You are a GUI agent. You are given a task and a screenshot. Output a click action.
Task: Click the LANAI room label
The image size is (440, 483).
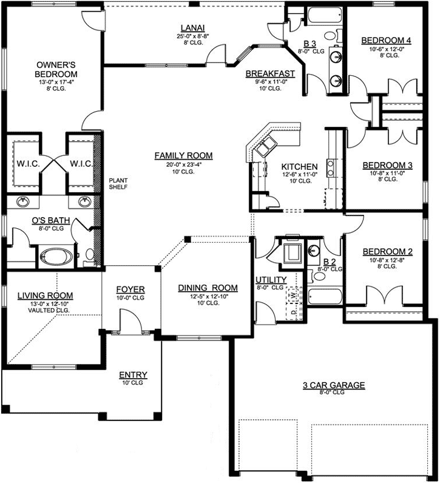[192, 27]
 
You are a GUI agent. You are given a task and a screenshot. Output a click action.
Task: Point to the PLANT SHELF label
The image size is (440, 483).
[118, 184]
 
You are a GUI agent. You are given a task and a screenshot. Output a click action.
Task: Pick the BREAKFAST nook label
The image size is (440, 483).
[270, 73]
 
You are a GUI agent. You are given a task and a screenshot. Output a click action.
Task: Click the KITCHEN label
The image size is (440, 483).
[300, 166]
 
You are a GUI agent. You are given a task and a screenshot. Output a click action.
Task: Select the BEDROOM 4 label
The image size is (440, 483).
[386, 41]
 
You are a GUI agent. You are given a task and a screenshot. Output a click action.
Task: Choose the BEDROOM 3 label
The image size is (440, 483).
[387, 165]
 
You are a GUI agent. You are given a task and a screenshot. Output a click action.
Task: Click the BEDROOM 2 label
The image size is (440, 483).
[387, 252]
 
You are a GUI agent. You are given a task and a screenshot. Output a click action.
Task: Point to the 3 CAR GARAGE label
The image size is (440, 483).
[334, 385]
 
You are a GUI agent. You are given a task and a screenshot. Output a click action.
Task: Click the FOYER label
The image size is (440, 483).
[130, 289]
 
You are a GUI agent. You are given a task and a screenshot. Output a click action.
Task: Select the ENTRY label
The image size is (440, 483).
[132, 374]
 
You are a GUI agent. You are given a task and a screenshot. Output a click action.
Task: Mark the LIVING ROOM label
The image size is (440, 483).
[49, 296]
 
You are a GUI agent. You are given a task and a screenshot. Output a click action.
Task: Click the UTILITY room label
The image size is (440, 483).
[271, 280]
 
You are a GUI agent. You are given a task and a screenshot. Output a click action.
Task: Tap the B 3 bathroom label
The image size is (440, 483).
[310, 43]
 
